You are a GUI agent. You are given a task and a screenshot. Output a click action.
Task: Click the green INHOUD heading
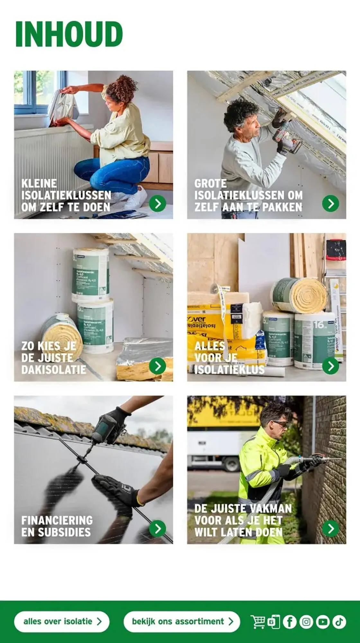[x=69, y=34]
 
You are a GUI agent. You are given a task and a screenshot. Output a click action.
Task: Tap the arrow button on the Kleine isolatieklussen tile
[x=157, y=204]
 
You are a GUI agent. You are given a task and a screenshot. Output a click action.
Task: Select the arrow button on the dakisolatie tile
[x=157, y=366]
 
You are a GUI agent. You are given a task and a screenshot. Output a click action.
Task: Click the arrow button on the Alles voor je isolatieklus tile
[x=330, y=366]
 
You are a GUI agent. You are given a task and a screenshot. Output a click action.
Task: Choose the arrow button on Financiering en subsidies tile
[x=157, y=529]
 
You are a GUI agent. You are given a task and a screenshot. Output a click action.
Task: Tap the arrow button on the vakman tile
[x=330, y=529]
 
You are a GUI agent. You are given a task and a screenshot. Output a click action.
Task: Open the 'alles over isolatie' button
[x=62, y=621]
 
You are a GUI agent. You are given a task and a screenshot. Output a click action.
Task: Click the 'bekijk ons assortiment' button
[x=182, y=621]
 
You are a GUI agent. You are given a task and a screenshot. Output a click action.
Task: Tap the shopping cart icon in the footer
[x=258, y=621]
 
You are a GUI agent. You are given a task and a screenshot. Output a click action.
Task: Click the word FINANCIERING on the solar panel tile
[x=57, y=520]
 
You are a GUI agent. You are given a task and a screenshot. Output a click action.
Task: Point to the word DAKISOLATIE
[x=54, y=370]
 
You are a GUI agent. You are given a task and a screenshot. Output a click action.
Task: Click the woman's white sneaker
[x=135, y=198]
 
